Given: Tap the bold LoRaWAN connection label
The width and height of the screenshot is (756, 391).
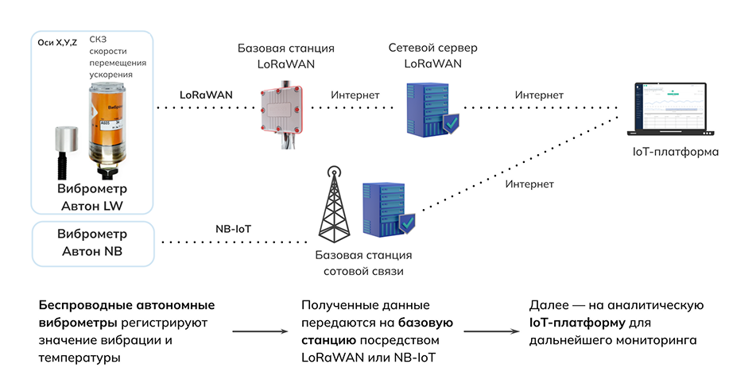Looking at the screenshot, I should [206, 94].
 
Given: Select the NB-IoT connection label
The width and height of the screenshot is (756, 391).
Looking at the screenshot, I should [233, 229].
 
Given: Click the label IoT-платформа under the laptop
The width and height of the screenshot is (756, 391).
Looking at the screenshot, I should [675, 152].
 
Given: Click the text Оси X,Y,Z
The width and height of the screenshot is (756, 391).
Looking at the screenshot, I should [57, 43].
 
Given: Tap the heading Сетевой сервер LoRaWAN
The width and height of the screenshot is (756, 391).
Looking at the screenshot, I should [432, 56].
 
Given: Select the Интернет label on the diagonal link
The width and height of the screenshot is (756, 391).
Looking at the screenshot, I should [529, 184].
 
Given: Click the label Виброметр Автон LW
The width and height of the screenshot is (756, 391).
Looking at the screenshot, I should [92, 198].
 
